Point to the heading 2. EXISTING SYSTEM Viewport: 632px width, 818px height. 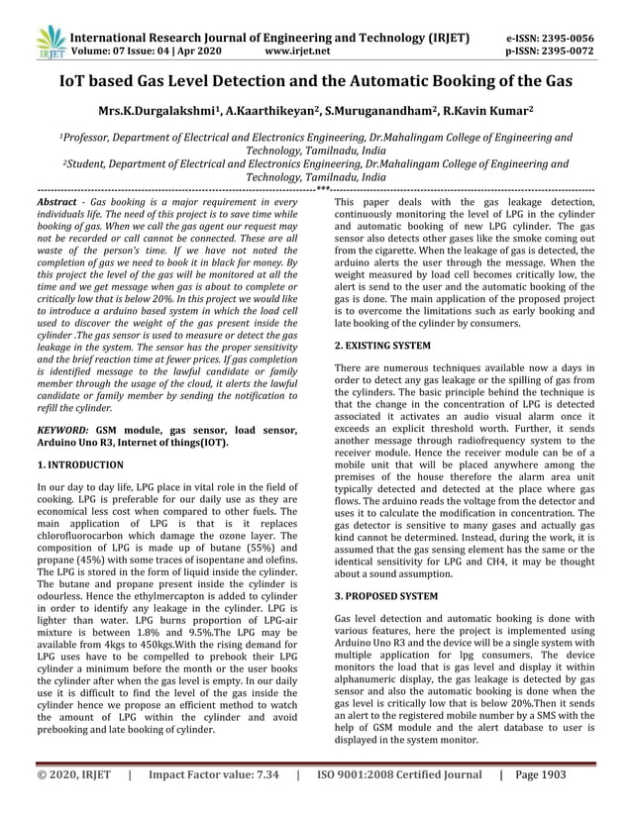click(x=382, y=346)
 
